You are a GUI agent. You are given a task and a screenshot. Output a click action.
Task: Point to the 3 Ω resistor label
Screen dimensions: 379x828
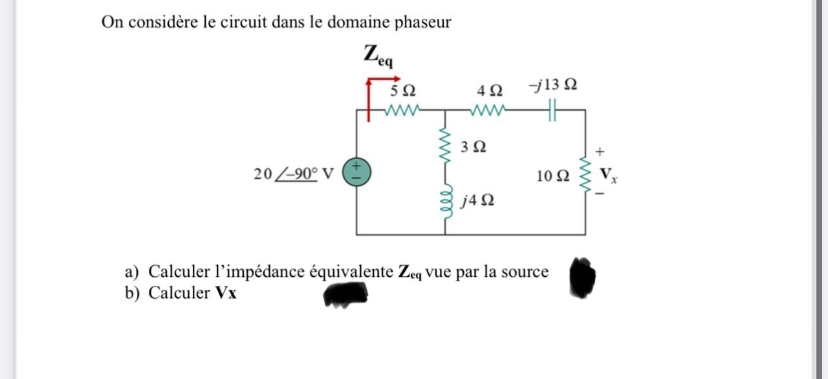coord(474,147)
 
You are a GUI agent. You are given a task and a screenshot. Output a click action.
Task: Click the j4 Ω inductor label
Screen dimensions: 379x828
coord(478,200)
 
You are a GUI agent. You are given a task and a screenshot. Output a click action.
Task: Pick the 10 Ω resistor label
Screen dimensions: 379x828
coord(553,175)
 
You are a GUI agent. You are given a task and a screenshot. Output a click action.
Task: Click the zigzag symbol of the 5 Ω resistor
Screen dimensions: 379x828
coord(402,110)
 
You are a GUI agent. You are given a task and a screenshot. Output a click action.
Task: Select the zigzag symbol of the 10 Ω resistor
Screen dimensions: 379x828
coord(586,172)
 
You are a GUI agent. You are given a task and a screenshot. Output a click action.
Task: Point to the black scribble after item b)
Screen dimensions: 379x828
coord(345,295)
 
